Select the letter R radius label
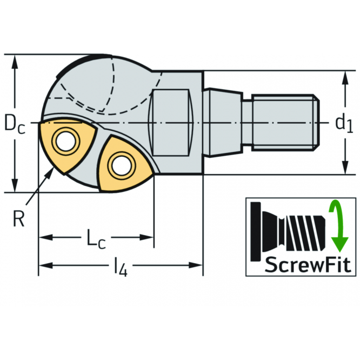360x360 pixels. [18, 218]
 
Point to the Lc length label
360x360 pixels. [96, 239]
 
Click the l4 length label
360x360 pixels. [121, 267]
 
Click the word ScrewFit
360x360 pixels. [308, 264]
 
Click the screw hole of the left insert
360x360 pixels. [65, 141]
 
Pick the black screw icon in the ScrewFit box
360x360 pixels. [288, 232]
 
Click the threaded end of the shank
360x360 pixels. [285, 123]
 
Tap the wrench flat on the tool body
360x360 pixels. [171, 123]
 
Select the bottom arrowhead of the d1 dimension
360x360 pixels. [345, 168]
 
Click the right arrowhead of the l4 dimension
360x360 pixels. [196, 265]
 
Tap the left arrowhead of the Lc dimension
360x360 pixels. [46, 237]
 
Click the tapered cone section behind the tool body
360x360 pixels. [223, 123]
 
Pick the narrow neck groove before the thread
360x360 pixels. [247, 123]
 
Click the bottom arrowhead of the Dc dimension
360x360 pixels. [15, 185]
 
